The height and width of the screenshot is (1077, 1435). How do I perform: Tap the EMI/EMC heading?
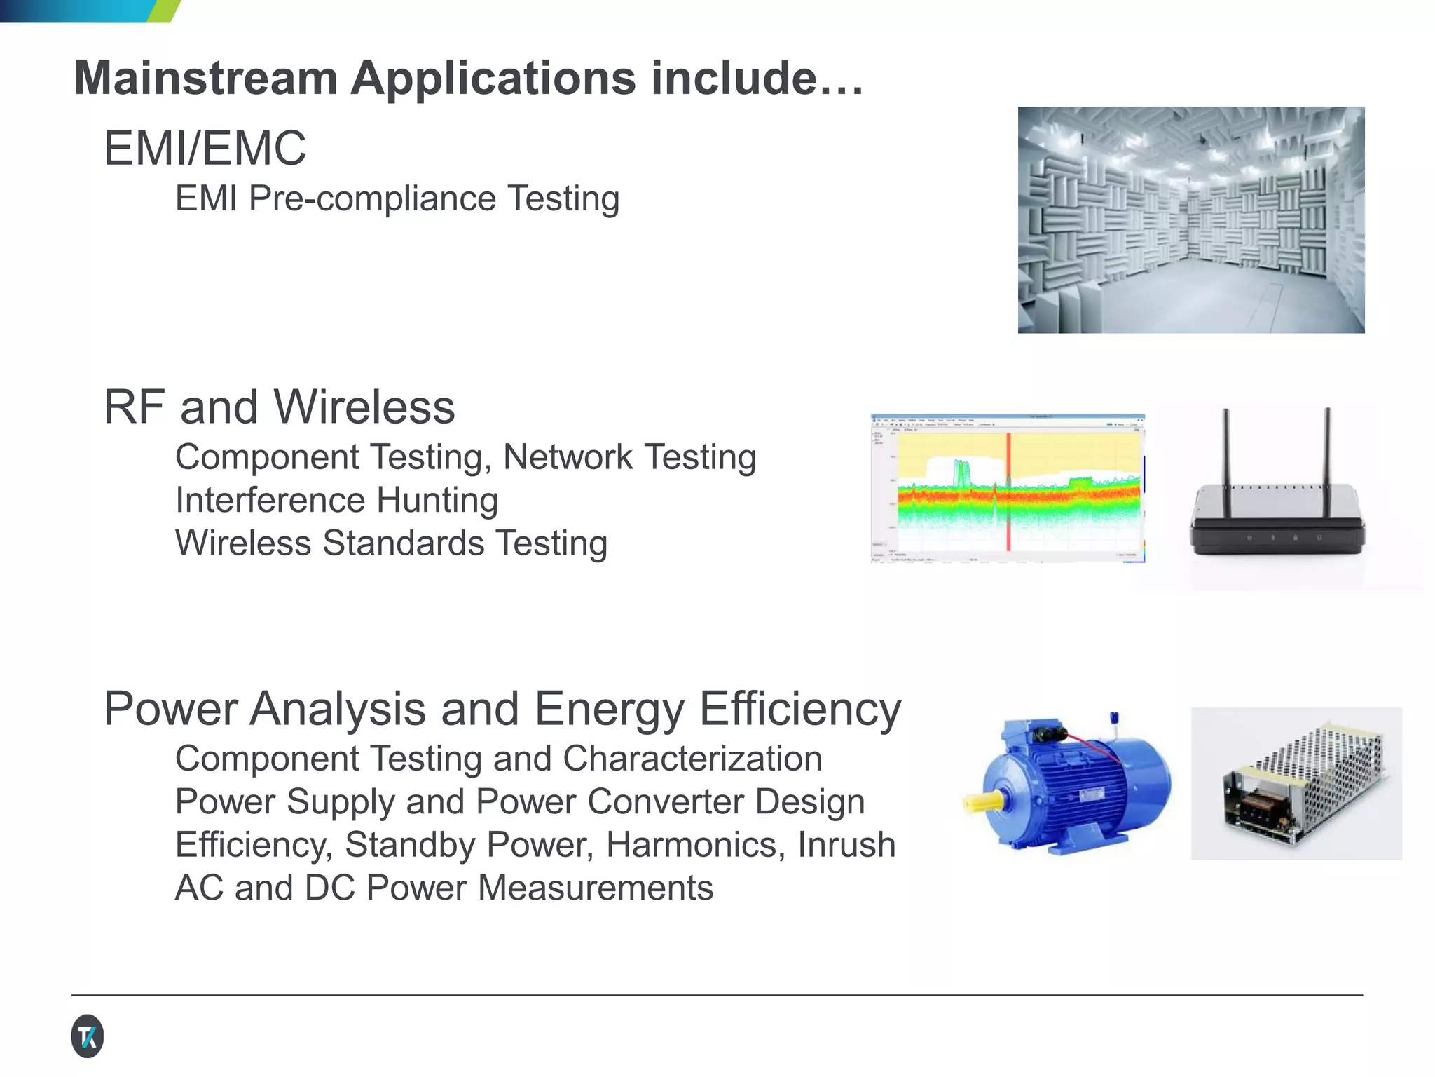(x=205, y=149)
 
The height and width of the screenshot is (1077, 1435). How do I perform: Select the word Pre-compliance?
(x=371, y=198)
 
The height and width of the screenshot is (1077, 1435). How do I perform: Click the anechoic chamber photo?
(x=1190, y=219)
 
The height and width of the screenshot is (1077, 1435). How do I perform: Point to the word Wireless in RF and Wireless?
(x=364, y=407)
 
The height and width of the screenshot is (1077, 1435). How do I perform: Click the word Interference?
(x=270, y=501)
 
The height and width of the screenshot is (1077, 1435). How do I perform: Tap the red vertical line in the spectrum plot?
(x=1009, y=491)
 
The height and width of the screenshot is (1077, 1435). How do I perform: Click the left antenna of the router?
(x=1226, y=449)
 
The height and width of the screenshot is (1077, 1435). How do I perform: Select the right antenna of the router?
(x=1327, y=449)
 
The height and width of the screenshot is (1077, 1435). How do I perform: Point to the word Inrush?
(x=846, y=845)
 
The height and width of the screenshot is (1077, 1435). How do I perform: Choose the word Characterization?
(x=692, y=759)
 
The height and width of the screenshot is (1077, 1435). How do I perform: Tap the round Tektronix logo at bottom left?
(x=88, y=1036)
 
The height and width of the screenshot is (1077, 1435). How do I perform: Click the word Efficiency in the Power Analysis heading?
(x=800, y=710)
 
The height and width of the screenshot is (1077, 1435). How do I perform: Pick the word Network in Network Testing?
(x=568, y=457)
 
